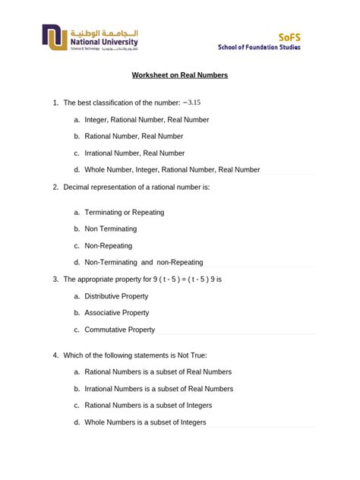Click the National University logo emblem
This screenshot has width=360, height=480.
(55, 39)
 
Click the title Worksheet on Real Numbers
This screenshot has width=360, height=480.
(180, 76)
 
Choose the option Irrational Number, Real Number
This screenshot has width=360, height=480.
(134, 153)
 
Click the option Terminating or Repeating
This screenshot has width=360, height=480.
(124, 212)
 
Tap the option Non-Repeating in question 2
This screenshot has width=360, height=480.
(108, 245)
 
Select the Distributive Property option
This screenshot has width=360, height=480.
(116, 296)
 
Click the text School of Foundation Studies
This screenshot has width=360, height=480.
(259, 47)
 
